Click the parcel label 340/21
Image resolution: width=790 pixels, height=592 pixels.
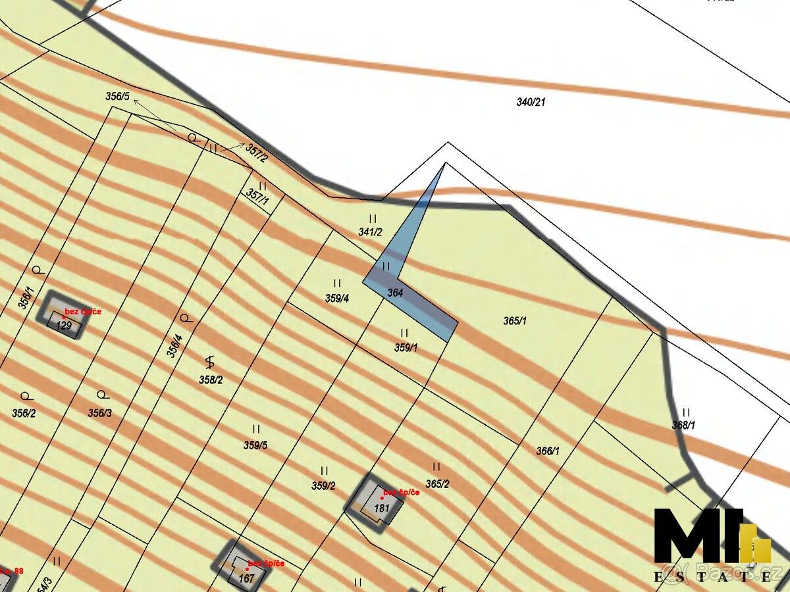(x=531, y=102)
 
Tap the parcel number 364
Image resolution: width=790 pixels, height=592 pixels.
(x=395, y=293)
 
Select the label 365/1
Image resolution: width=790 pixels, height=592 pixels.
(x=515, y=321)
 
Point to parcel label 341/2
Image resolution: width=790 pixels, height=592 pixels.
(x=370, y=232)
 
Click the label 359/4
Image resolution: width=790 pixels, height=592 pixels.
(x=337, y=298)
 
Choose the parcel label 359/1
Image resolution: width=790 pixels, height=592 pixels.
(x=406, y=348)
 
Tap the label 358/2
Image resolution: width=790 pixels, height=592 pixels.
(x=211, y=380)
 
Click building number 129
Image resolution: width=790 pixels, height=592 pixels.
(x=64, y=326)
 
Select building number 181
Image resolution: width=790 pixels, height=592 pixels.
(x=382, y=508)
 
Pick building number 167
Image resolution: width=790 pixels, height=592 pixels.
(x=246, y=578)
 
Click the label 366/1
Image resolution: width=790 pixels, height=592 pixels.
(x=548, y=451)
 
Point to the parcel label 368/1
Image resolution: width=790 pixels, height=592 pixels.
(x=683, y=426)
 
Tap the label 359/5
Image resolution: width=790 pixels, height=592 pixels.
(x=255, y=445)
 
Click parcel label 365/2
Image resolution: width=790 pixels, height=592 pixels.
(x=437, y=484)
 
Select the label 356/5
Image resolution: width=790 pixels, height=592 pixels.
(x=117, y=96)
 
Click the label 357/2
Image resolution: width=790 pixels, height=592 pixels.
(x=257, y=153)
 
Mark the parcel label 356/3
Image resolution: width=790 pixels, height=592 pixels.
(x=100, y=413)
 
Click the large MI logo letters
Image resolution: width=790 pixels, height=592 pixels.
(x=698, y=536)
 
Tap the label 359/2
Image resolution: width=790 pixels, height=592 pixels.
(x=323, y=486)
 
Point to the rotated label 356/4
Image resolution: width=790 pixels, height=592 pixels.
(x=174, y=346)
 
